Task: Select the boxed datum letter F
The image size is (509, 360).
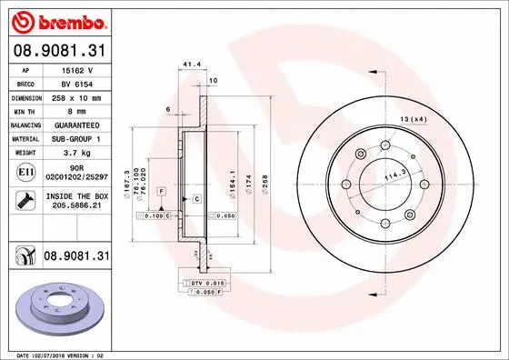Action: pos(160,191)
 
